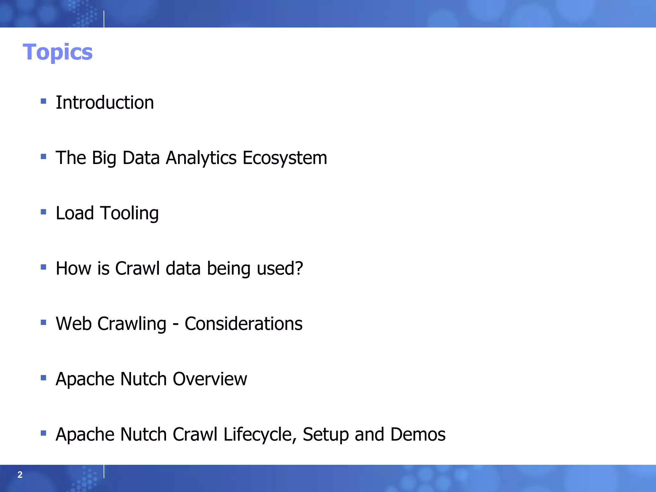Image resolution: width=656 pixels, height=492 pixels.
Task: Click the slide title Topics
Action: [58, 52]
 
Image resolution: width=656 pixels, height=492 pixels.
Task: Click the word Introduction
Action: [105, 102]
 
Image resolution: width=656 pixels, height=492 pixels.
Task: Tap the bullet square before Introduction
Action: [44, 102]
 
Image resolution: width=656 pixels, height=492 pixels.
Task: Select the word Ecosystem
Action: [285, 158]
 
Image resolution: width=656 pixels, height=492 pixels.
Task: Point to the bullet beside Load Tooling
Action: [44, 212]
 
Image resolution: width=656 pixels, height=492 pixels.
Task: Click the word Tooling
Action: [129, 213]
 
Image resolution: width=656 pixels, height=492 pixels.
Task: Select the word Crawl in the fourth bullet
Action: [137, 268]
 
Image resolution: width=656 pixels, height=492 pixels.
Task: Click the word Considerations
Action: [243, 324]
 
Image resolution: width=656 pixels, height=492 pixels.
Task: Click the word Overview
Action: [210, 379]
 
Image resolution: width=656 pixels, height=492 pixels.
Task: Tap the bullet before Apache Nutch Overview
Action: [44, 378]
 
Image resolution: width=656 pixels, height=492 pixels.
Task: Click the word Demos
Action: [418, 434]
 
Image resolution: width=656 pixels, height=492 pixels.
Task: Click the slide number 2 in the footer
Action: [20, 475]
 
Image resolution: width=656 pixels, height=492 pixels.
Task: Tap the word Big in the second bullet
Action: [104, 158]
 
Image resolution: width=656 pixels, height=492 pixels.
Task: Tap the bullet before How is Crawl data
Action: [44, 267]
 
